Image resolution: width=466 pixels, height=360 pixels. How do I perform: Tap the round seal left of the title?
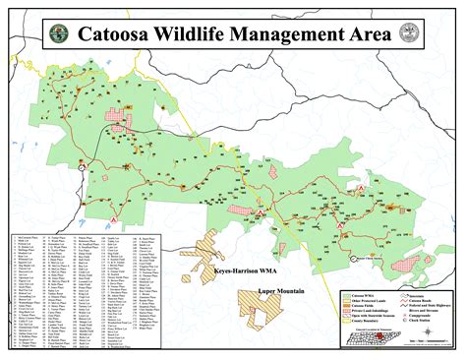click(59, 32)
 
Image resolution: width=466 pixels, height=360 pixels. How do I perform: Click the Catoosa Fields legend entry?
click(359, 306)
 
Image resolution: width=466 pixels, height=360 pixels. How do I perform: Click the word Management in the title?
click(277, 32)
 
